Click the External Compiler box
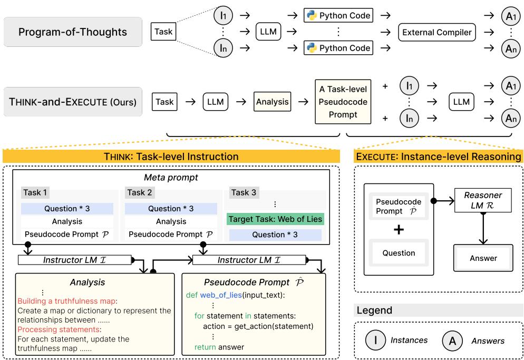[x=437, y=33]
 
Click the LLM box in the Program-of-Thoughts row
[x=269, y=32]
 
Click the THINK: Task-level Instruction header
[x=171, y=157]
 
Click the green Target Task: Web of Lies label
[x=275, y=219]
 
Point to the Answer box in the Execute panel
[x=483, y=258]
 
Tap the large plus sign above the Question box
[x=399, y=230]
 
